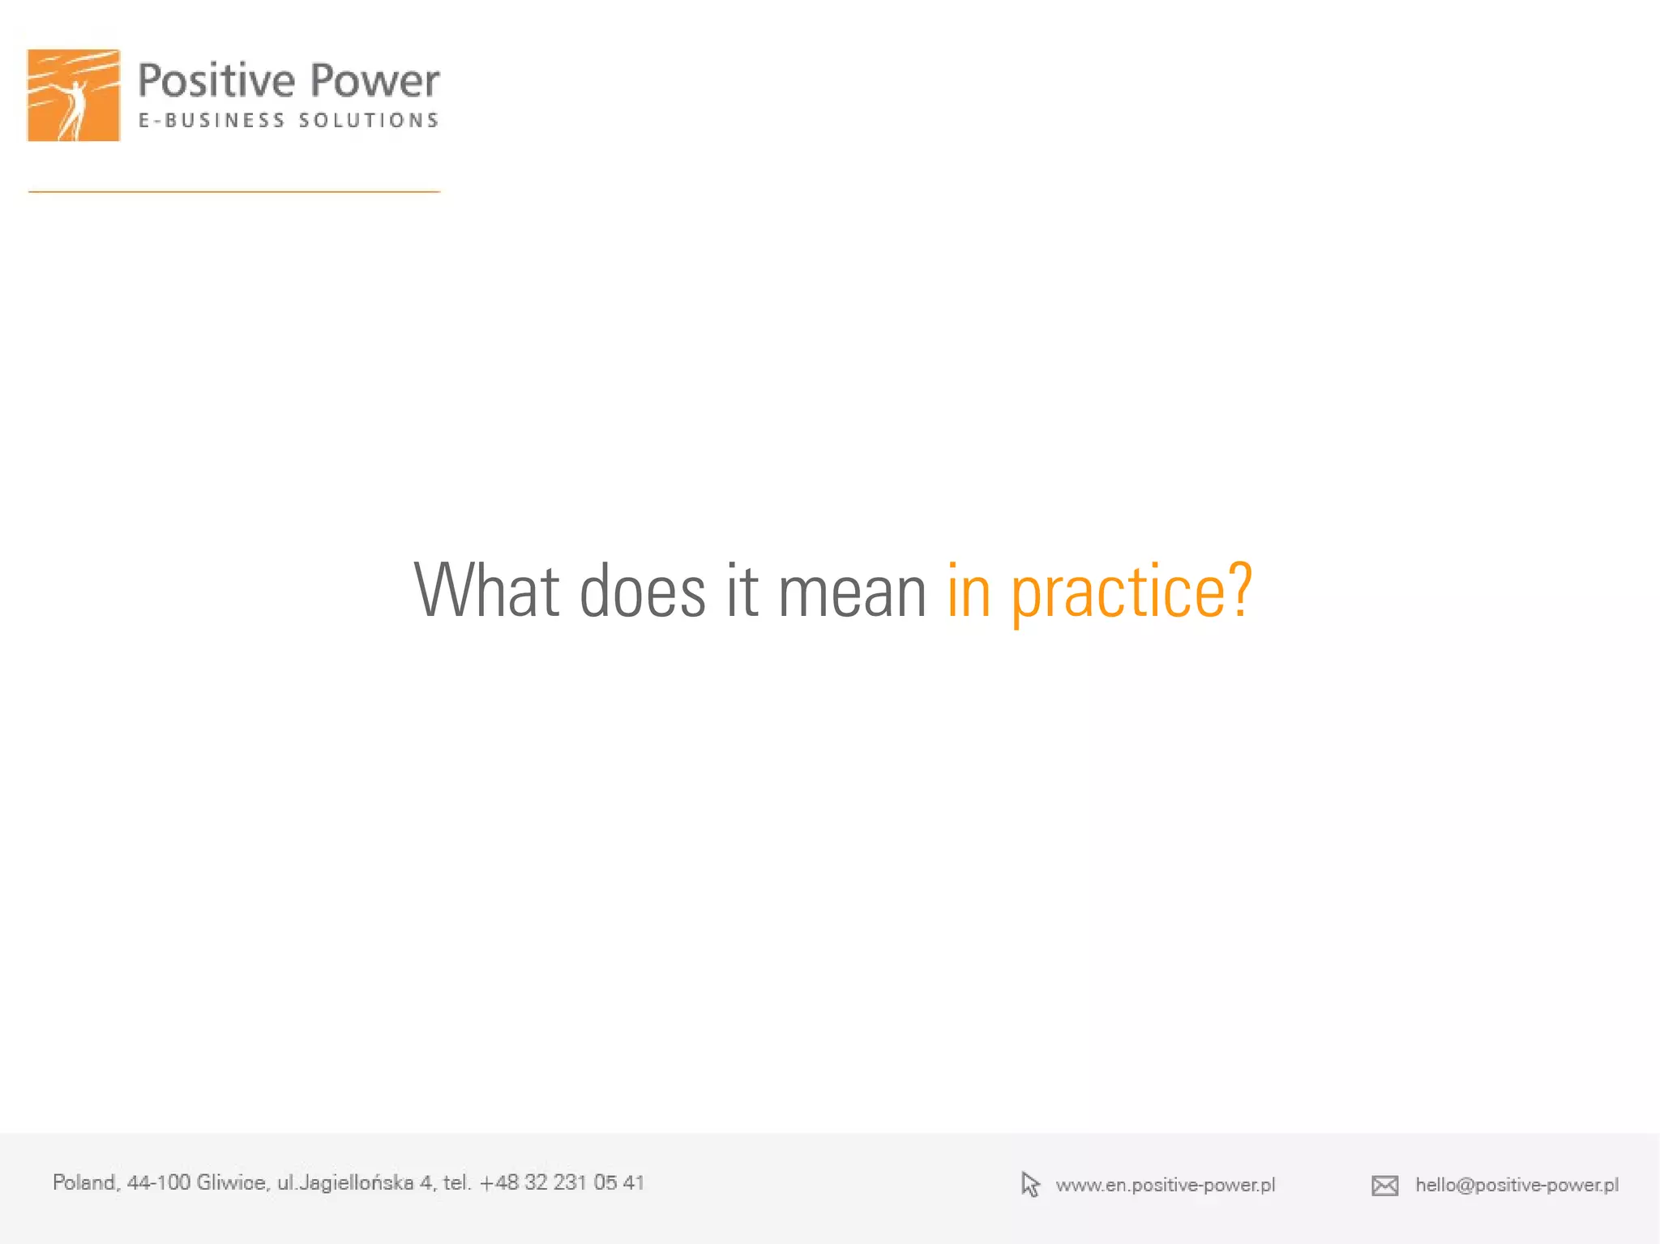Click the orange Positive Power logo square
click(74, 95)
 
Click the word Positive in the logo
click(216, 81)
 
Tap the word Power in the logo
click(374, 81)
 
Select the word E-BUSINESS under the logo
click(212, 121)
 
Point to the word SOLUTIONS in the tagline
click(369, 121)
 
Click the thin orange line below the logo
click(234, 192)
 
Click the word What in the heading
click(486, 591)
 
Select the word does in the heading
click(643, 591)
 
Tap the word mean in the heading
click(852, 591)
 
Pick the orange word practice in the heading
click(1118, 592)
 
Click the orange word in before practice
click(969, 591)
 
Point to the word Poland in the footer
click(85, 1182)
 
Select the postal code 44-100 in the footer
click(158, 1182)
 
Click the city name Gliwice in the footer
click(232, 1182)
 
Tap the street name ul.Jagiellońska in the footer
click(345, 1182)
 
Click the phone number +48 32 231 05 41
click(562, 1182)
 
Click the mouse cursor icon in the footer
click(1029, 1184)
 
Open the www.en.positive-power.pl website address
click(1165, 1185)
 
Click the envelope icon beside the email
click(1384, 1186)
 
